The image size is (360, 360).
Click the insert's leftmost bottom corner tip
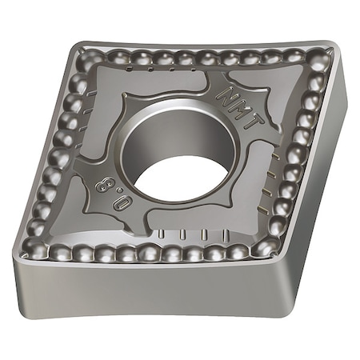pos(18,254)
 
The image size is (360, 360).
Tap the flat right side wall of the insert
pos(320,192)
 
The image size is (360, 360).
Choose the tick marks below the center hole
pos(192,234)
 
